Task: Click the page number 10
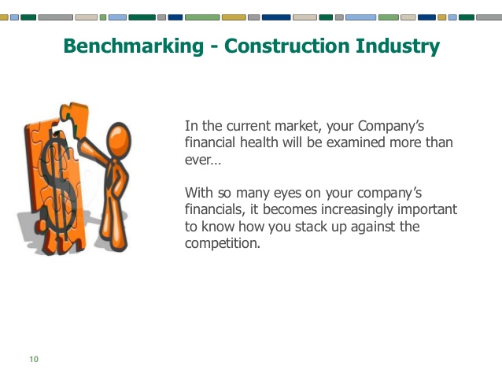click(33, 360)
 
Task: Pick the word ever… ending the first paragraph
click(203, 160)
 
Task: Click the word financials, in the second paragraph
click(215, 209)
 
